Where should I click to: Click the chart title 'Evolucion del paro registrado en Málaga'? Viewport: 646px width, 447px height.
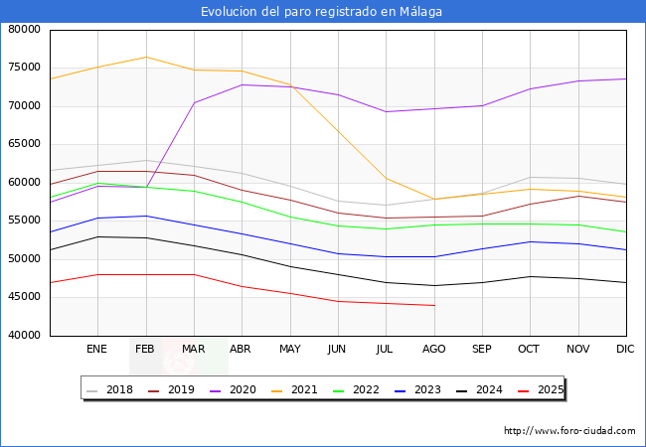322,12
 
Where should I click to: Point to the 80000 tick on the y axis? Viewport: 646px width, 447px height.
24,30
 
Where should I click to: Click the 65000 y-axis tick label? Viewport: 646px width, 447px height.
24,144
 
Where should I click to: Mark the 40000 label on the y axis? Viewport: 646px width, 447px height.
24,335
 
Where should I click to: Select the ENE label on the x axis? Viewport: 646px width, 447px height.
96,350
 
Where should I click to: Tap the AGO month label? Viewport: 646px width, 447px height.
434,350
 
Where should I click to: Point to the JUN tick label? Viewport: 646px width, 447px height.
338,350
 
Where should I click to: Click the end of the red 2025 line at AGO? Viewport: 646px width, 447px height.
434,305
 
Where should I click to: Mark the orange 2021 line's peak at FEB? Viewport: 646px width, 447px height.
145,57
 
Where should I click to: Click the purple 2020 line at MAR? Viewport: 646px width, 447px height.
194,102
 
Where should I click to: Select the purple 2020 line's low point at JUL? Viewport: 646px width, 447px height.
386,111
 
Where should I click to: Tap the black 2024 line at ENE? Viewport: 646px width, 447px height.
96,236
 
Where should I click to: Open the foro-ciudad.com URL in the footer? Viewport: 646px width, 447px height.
569,431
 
